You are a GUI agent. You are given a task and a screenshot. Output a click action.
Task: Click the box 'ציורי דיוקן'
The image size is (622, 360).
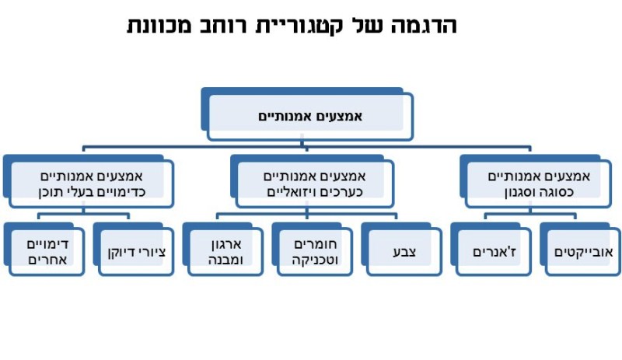tap(135, 253)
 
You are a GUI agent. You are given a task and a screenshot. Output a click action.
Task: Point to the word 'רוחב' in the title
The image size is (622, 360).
tap(229, 25)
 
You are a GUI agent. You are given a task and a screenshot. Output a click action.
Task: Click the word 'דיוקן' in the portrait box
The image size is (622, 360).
tap(121, 253)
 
